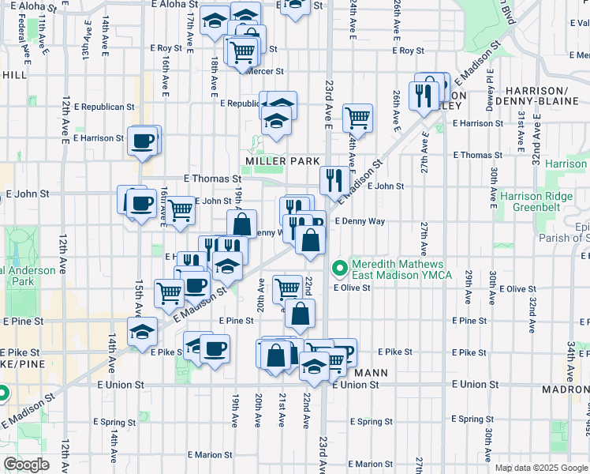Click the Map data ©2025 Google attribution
pyautogui.click(x=541, y=468)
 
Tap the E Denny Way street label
pyautogui.click(x=360, y=221)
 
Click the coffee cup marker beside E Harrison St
pyautogui.click(x=143, y=141)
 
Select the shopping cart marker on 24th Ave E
pyautogui.click(x=357, y=118)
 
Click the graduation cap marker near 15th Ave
pyautogui.click(x=142, y=331)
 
